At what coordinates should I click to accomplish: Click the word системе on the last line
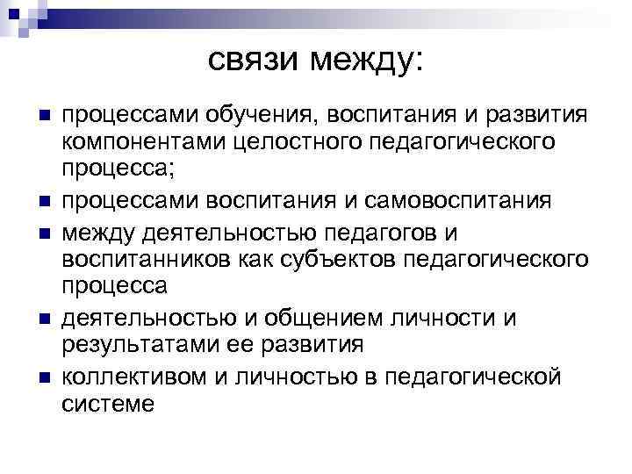tap(108, 403)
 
